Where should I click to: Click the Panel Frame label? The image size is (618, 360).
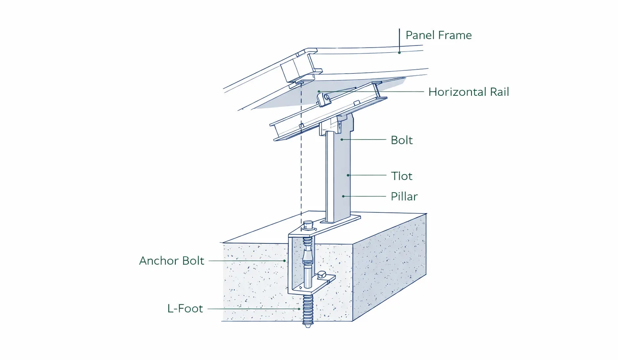click(438, 35)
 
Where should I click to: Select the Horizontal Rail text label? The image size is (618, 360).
click(468, 92)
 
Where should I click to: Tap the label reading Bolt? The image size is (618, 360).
click(402, 140)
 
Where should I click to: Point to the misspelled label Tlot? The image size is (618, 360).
click(402, 176)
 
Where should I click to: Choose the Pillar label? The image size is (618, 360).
click(404, 197)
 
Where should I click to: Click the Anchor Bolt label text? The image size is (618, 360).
click(171, 261)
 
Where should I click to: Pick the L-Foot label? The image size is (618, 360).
click(185, 309)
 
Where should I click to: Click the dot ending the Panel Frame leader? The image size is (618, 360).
click(399, 53)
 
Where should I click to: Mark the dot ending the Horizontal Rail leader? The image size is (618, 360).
click(319, 92)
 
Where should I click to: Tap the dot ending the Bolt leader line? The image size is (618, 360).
click(342, 140)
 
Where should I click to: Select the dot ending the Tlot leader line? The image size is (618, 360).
click(348, 175)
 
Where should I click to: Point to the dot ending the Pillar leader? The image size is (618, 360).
click(343, 196)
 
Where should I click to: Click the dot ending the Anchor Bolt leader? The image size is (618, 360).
click(285, 261)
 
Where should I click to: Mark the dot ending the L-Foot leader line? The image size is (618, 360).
click(299, 309)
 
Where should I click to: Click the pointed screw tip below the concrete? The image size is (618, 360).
click(308, 325)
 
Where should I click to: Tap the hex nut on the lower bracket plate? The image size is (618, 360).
click(322, 275)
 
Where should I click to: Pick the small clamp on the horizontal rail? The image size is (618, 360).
click(324, 99)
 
